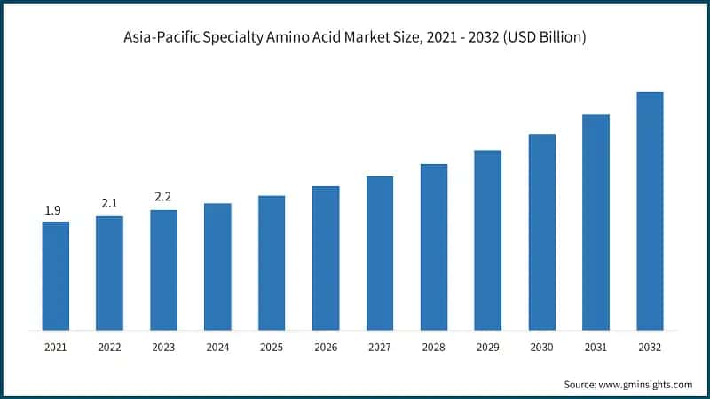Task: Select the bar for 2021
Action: click(x=55, y=276)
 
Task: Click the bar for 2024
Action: click(x=217, y=267)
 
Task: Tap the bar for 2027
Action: click(x=380, y=253)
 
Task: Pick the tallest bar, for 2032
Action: click(x=650, y=211)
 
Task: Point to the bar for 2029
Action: click(x=487, y=240)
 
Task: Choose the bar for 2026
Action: click(x=326, y=258)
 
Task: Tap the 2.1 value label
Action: click(x=109, y=204)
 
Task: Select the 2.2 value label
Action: click(x=163, y=198)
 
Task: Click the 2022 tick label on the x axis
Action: click(x=109, y=347)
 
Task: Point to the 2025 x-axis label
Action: click(x=272, y=347)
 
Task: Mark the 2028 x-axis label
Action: click(x=434, y=347)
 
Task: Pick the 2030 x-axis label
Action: click(x=542, y=347)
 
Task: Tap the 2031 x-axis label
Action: click(x=596, y=347)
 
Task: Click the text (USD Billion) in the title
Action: click(x=538, y=37)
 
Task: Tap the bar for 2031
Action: click(x=596, y=223)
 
